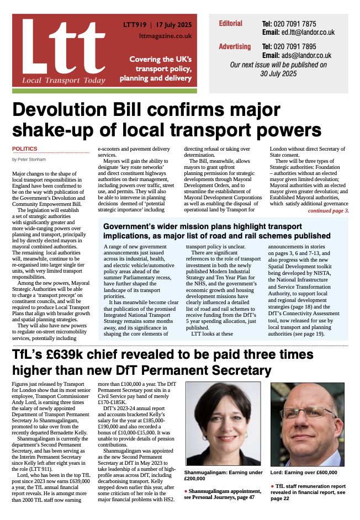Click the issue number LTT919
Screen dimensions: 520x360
coord(134,25)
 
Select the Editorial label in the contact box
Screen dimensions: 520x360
coord(230,24)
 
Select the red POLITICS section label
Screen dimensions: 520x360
coord(25,148)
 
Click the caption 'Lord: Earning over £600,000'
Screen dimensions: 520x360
coord(304,473)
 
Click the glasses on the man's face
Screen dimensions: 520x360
coord(308,413)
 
